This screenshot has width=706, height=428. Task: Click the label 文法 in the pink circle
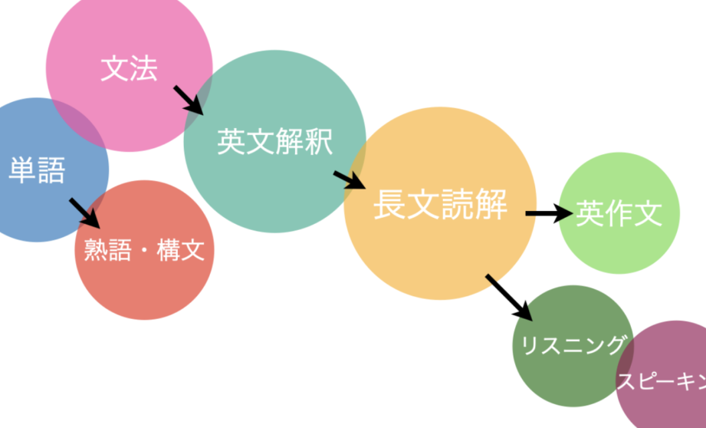click(129, 69)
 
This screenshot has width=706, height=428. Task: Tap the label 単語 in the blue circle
click(37, 170)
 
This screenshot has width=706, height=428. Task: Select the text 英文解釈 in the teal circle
click(274, 141)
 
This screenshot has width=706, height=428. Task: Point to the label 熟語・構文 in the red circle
click(144, 251)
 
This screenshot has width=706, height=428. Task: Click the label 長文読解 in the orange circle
click(440, 205)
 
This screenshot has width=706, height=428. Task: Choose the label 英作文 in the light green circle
click(619, 214)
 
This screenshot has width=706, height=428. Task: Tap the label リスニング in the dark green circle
click(573, 346)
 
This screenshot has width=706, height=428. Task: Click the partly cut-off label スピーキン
click(661, 381)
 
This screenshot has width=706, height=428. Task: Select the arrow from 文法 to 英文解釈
click(189, 100)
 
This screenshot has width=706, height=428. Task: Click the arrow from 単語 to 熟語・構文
click(85, 213)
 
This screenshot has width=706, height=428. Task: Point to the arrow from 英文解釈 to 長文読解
click(350, 179)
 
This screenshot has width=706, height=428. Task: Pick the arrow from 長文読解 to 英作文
click(549, 214)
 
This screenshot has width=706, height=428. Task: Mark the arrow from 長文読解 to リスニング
click(508, 297)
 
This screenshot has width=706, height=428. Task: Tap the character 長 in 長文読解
click(389, 205)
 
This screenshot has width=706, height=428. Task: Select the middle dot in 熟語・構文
click(144, 252)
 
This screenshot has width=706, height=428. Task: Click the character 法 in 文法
click(143, 69)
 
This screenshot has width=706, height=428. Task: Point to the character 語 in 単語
click(51, 170)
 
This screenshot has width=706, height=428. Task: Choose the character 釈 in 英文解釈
click(318, 141)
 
